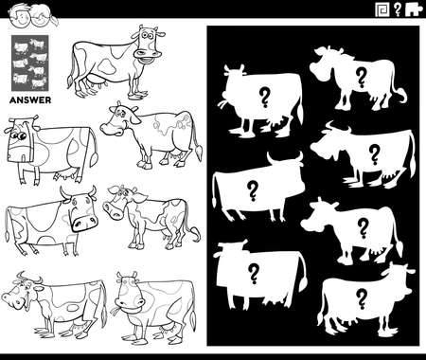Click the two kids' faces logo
[x=20, y=11]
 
